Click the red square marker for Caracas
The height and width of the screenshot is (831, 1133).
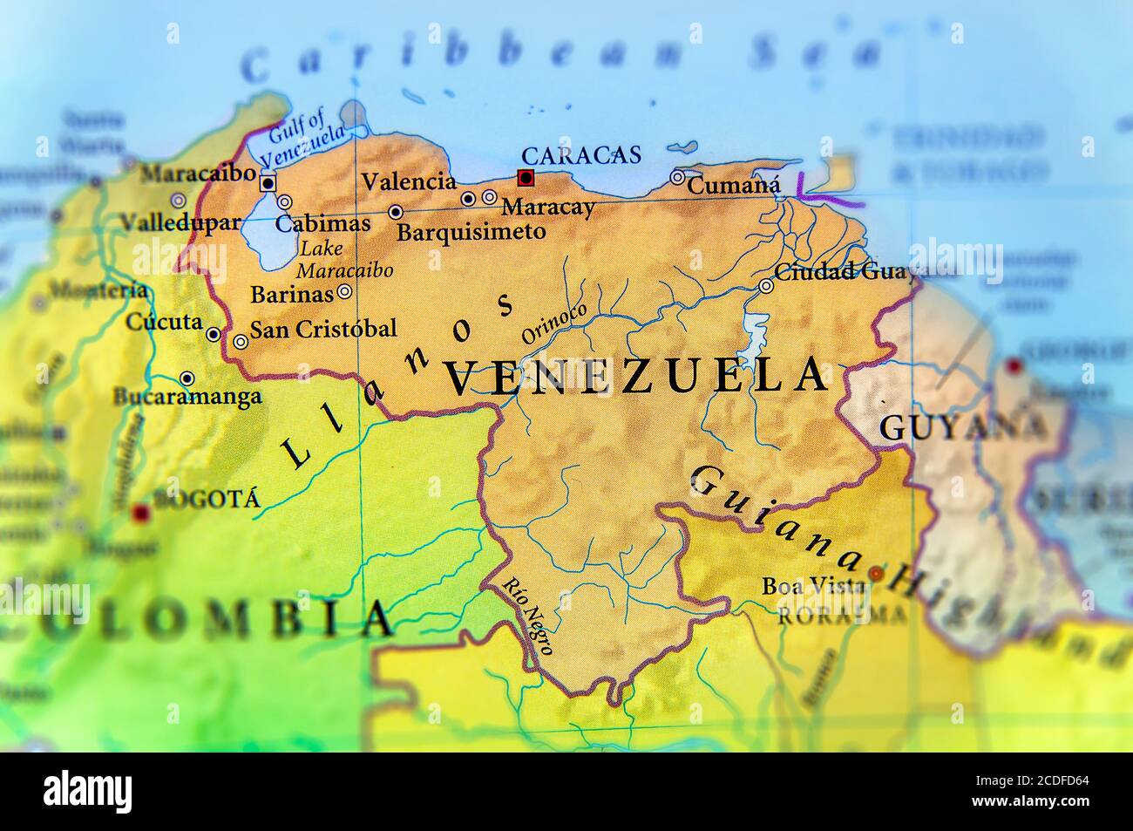click(525, 178)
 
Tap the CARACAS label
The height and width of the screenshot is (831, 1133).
click(580, 156)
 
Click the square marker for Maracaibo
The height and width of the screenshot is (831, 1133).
click(268, 183)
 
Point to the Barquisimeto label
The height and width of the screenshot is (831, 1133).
click(471, 232)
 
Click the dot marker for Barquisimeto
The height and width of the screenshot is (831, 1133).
click(396, 212)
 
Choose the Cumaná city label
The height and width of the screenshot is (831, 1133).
click(733, 185)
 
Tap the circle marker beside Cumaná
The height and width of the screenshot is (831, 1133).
click(677, 178)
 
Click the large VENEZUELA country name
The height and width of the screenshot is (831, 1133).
click(636, 377)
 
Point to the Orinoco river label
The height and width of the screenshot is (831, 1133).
click(554, 324)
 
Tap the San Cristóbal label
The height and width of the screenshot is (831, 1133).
click(322, 329)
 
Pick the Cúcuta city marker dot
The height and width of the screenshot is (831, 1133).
click(214, 334)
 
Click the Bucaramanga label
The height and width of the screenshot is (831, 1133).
click(187, 398)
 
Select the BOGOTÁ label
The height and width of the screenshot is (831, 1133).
click(206, 500)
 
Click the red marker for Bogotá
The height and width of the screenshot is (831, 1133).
click(139, 513)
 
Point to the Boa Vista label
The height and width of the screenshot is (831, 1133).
click(814, 586)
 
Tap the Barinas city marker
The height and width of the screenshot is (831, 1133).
click(345, 293)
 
